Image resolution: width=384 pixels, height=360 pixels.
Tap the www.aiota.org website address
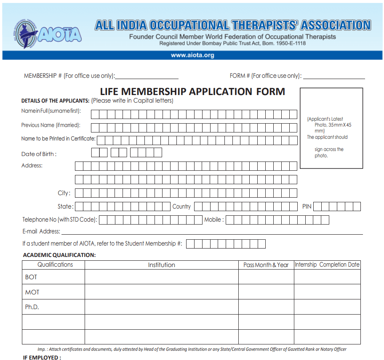pyautogui.click(x=192, y=55)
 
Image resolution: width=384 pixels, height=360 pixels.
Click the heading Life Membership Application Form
pyautogui.click(x=192, y=91)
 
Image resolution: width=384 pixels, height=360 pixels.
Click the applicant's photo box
pyautogui.click(x=331, y=128)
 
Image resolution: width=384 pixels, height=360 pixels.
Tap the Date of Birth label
pyautogui.click(x=39, y=154)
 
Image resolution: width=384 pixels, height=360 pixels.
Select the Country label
pyautogui.click(x=181, y=206)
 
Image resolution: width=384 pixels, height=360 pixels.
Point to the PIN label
pyautogui.click(x=307, y=206)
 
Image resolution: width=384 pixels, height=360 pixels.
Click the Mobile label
pyautogui.click(x=214, y=220)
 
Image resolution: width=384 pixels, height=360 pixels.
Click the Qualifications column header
pyautogui.click(x=55, y=265)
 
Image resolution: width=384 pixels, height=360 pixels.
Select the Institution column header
pyautogui.click(x=161, y=265)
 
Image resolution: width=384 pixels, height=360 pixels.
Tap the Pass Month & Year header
pyautogui.click(x=266, y=265)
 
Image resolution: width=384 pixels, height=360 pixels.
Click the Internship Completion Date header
pyautogui.click(x=327, y=265)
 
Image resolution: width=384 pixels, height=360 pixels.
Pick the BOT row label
pyautogui.click(x=31, y=277)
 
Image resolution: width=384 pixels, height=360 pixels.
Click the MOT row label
pyautogui.click(x=32, y=292)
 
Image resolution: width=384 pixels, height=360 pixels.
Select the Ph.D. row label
pyautogui.click(x=32, y=307)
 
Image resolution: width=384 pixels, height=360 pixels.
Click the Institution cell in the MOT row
pyautogui.click(x=161, y=292)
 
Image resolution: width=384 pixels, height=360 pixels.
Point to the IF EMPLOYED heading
pyautogui.click(x=42, y=357)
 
